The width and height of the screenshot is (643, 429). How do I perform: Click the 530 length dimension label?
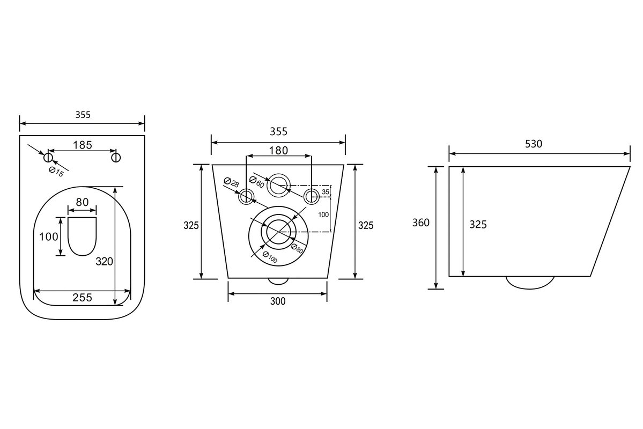pyautogui.click(x=534, y=144)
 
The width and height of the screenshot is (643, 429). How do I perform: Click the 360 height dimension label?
pyautogui.click(x=421, y=223)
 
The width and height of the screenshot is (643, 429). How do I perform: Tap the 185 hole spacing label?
pyautogui.click(x=83, y=145)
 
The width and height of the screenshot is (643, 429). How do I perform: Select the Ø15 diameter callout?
pyautogui.click(x=57, y=172)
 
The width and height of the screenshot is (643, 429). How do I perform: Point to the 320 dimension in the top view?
pyautogui.click(x=104, y=261)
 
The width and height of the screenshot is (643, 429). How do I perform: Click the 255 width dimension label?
pyautogui.click(x=83, y=297)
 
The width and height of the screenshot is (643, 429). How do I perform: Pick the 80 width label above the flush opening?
pyautogui.click(x=82, y=202)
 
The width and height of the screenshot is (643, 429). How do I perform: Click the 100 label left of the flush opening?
pyautogui.click(x=48, y=236)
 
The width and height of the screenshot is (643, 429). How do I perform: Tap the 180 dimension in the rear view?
pyautogui.click(x=278, y=151)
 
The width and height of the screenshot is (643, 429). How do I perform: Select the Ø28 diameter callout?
pyautogui.click(x=231, y=182)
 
